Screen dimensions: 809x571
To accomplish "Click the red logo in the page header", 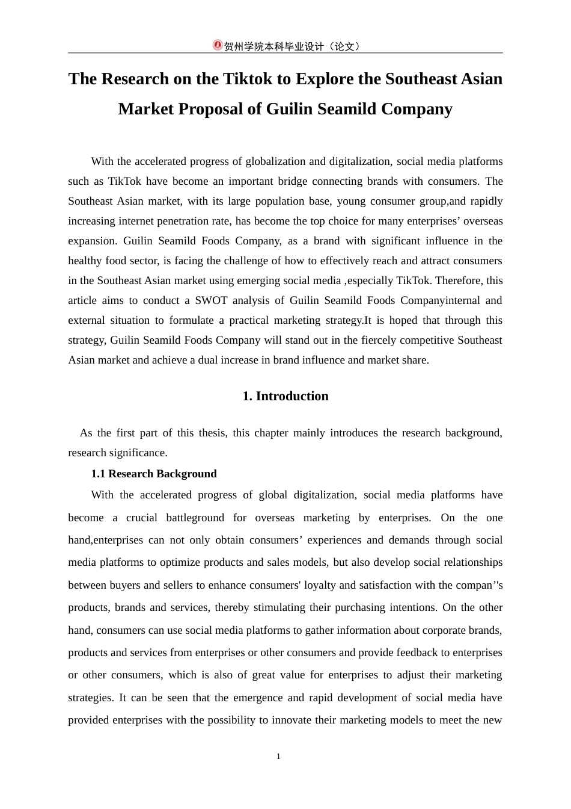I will pos(218,45).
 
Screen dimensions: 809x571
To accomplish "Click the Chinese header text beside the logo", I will pos(292,46).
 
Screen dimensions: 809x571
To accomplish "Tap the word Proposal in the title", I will pos(213,109).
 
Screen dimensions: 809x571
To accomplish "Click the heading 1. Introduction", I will pos(285,396).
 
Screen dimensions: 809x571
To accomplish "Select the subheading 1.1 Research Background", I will pos(154,474).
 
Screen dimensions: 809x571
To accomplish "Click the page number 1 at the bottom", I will pos(278,757).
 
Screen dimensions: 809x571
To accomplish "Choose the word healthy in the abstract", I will pos(85,261).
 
